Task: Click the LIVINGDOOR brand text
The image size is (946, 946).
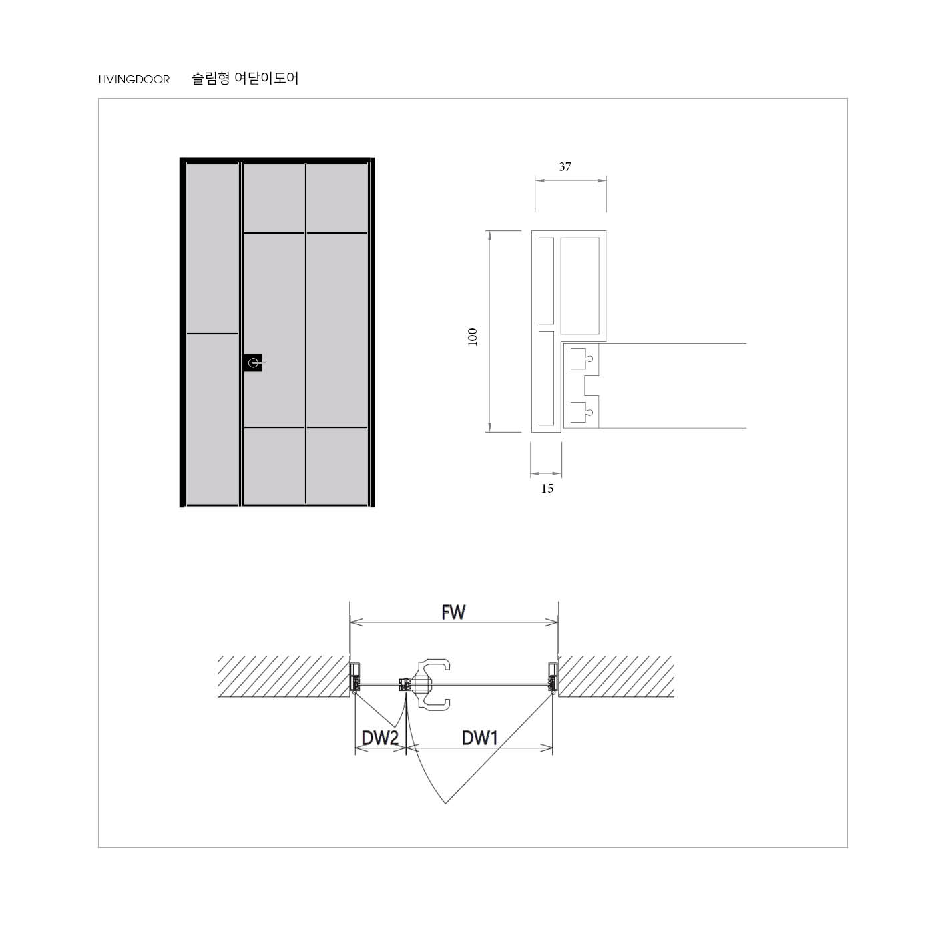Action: [x=134, y=79]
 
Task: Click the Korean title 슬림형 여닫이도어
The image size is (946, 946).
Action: [x=245, y=79]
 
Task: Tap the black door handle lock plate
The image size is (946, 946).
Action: [x=253, y=363]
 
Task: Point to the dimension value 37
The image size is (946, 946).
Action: [x=565, y=167]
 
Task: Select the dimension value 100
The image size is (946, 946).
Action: [x=473, y=337]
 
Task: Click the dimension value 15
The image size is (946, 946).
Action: [x=547, y=489]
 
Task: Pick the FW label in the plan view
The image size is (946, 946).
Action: [x=453, y=612]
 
